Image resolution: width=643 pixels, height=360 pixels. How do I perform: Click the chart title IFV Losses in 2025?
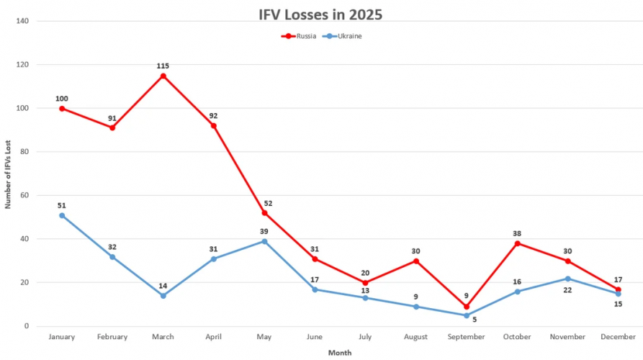click(321, 15)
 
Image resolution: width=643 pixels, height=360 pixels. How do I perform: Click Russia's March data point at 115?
click(163, 76)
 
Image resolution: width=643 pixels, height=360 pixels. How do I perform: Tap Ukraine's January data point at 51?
click(62, 215)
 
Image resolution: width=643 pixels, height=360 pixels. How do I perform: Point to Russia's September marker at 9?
click(467, 307)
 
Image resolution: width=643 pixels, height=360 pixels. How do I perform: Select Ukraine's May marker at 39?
click(264, 241)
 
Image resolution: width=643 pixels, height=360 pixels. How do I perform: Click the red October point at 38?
click(517, 243)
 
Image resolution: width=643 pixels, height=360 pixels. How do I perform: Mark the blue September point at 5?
click(467, 315)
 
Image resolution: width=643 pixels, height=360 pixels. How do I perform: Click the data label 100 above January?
click(62, 98)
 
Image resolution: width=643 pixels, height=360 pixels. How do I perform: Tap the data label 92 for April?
click(213, 115)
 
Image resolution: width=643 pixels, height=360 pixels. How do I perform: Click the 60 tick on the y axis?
click(24, 195)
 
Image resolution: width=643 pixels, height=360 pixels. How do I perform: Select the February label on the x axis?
click(112, 337)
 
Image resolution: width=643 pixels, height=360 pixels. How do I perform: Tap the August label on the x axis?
click(416, 337)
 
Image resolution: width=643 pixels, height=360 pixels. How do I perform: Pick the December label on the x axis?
click(618, 337)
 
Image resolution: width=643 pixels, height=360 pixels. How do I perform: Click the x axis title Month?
click(340, 353)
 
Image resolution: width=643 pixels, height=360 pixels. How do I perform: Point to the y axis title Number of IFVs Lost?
click(8, 174)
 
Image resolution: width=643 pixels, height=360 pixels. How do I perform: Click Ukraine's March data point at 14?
click(163, 296)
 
